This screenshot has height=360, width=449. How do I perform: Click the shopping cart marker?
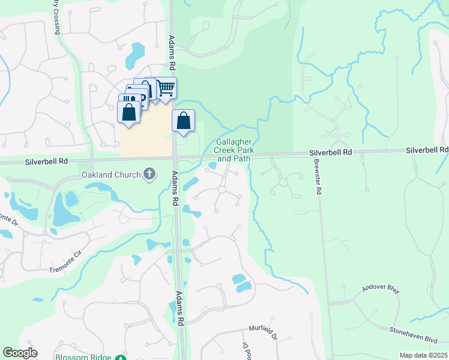coord(166,89)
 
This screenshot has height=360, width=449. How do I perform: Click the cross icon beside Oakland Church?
coord(149,175)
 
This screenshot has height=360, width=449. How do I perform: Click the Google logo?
coord(20,353)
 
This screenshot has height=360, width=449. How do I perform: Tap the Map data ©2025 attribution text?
coord(423,355)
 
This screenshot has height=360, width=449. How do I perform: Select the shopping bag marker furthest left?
coord(129,112)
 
